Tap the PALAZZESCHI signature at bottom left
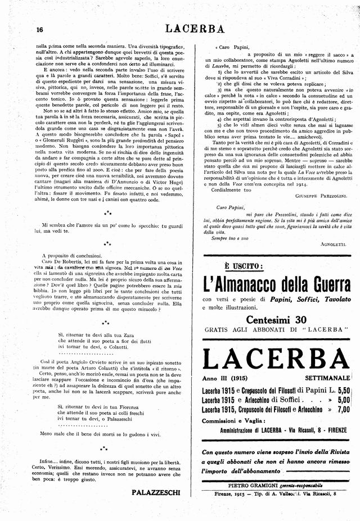(x=156, y=492)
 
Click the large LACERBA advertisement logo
(x=276, y=358)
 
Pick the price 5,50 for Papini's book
(x=340, y=389)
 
